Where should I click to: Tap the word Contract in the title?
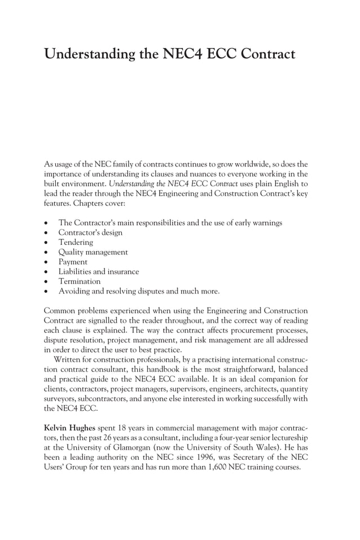pyautogui.click(x=268, y=55)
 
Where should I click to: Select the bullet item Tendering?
pyautogui.click(x=76, y=242)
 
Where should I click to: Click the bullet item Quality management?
pyautogui.click(x=93, y=252)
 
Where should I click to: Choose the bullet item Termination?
pyautogui.click(x=80, y=281)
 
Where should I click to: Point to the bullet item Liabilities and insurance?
pyautogui.click(x=99, y=271)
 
